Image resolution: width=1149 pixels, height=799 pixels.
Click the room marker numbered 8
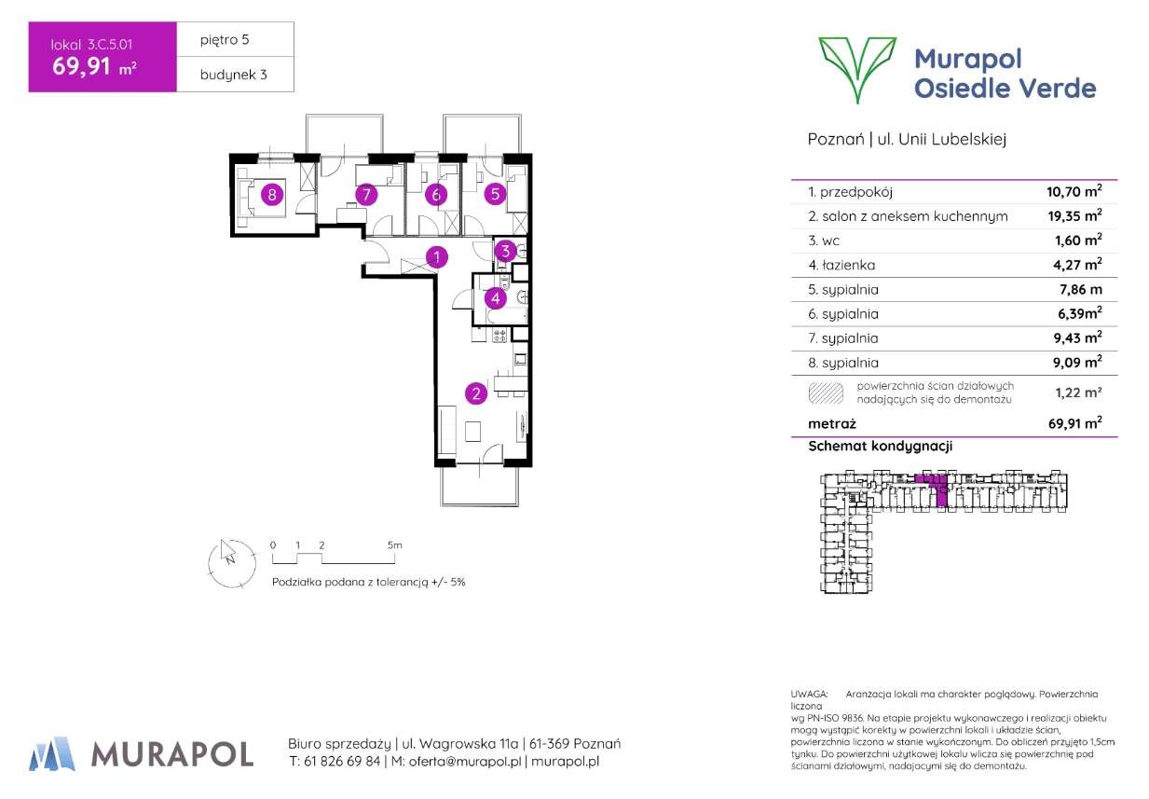271,195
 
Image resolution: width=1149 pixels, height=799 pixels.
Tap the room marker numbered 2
476,394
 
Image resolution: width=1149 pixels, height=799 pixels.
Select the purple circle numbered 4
496,299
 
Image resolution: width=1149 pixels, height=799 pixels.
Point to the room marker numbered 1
436,256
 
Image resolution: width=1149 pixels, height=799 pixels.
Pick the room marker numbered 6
434,195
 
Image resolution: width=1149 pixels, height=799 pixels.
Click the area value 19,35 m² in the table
1074,215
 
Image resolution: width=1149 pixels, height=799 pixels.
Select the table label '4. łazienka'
843,265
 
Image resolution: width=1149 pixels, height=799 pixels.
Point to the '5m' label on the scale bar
394,544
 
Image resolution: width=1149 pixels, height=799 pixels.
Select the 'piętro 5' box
235,40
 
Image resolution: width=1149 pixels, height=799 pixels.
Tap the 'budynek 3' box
235,76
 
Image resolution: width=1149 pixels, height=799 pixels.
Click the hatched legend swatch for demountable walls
826,393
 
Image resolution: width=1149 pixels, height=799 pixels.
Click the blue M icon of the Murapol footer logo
52,752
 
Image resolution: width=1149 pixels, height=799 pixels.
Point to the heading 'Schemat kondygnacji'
881,447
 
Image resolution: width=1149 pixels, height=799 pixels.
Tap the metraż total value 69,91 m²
1074,423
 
